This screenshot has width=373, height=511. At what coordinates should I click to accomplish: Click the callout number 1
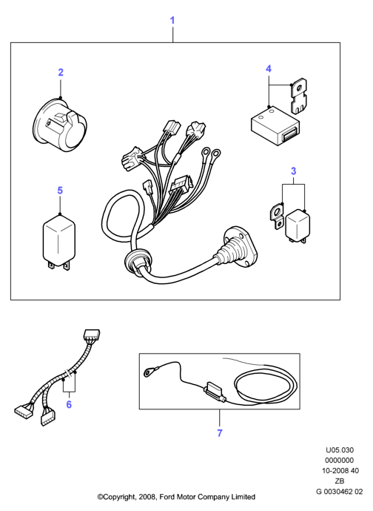click(x=172, y=20)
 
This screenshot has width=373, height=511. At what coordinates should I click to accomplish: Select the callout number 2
click(x=61, y=72)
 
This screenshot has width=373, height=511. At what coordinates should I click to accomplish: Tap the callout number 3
click(x=293, y=171)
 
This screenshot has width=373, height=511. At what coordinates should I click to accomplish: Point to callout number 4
click(x=269, y=69)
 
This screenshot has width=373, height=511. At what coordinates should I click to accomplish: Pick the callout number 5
click(x=60, y=191)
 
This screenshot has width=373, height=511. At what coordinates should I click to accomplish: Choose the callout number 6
click(x=69, y=404)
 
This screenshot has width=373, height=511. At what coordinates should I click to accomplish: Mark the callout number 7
click(x=220, y=433)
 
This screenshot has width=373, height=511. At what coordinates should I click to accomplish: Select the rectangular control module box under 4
click(x=275, y=125)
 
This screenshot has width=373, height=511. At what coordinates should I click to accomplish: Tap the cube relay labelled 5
click(x=59, y=241)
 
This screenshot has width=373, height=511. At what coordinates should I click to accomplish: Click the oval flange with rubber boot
click(x=240, y=244)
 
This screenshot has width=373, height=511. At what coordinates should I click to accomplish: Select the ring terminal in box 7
click(x=150, y=371)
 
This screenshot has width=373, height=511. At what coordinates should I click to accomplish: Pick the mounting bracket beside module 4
click(x=299, y=96)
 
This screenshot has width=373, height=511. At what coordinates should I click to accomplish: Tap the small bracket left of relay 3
click(x=276, y=216)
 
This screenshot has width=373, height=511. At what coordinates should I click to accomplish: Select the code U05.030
click(x=340, y=450)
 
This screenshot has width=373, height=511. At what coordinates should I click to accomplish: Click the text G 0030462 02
click(x=339, y=492)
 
